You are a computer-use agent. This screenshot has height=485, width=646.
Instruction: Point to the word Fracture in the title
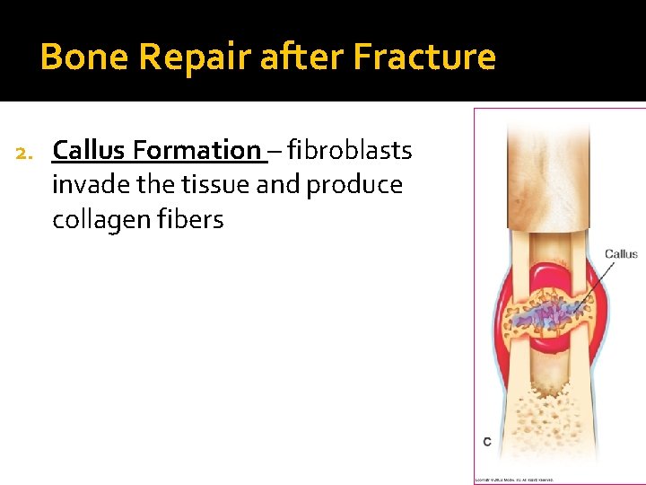pos(423,57)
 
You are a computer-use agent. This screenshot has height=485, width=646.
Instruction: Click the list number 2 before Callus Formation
pos(25,151)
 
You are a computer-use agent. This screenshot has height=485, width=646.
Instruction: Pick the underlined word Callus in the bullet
pos(91,150)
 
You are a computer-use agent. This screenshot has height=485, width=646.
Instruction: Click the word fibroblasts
pos(350,150)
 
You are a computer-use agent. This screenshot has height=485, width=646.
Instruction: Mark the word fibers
pos(190,220)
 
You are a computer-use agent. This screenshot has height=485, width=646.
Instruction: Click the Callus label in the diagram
pos(620,254)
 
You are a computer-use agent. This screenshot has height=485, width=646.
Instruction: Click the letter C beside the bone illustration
pos(486,442)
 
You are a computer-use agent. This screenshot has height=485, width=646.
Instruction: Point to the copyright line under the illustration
pos(514,480)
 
